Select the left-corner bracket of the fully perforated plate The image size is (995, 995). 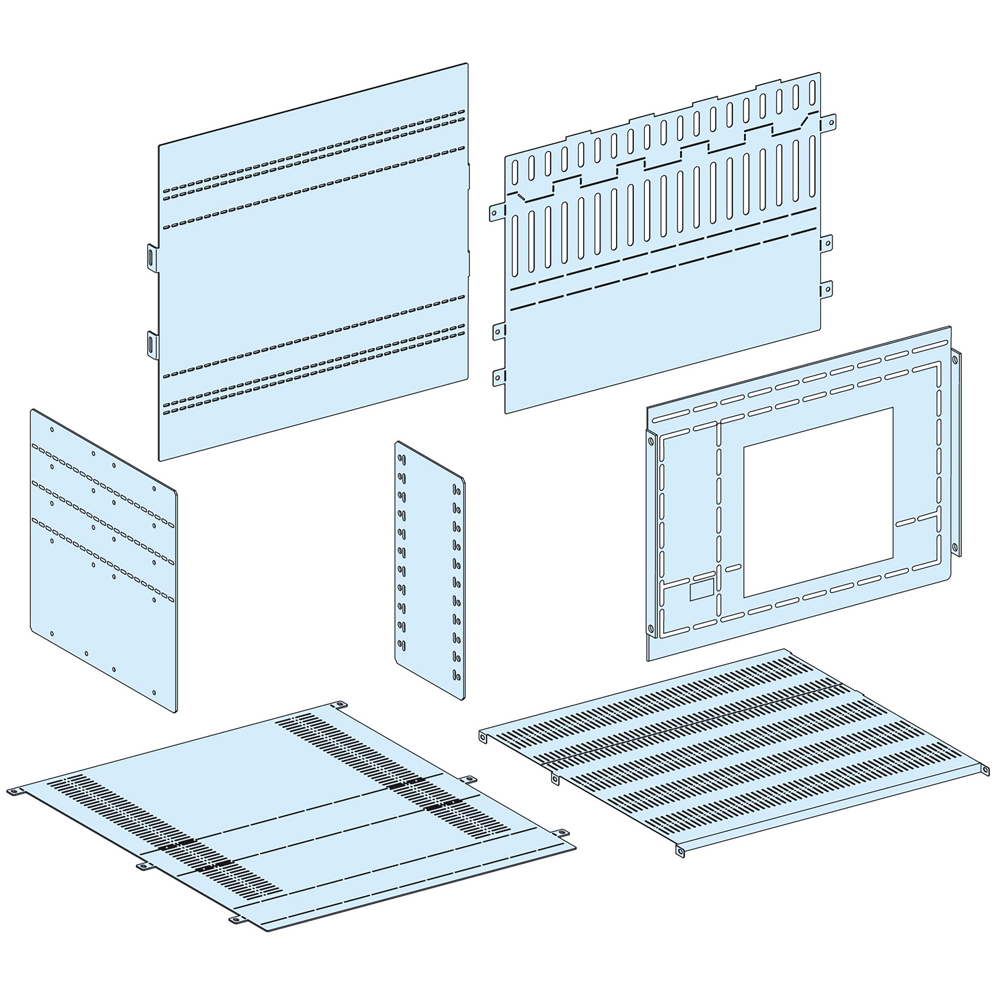483,738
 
